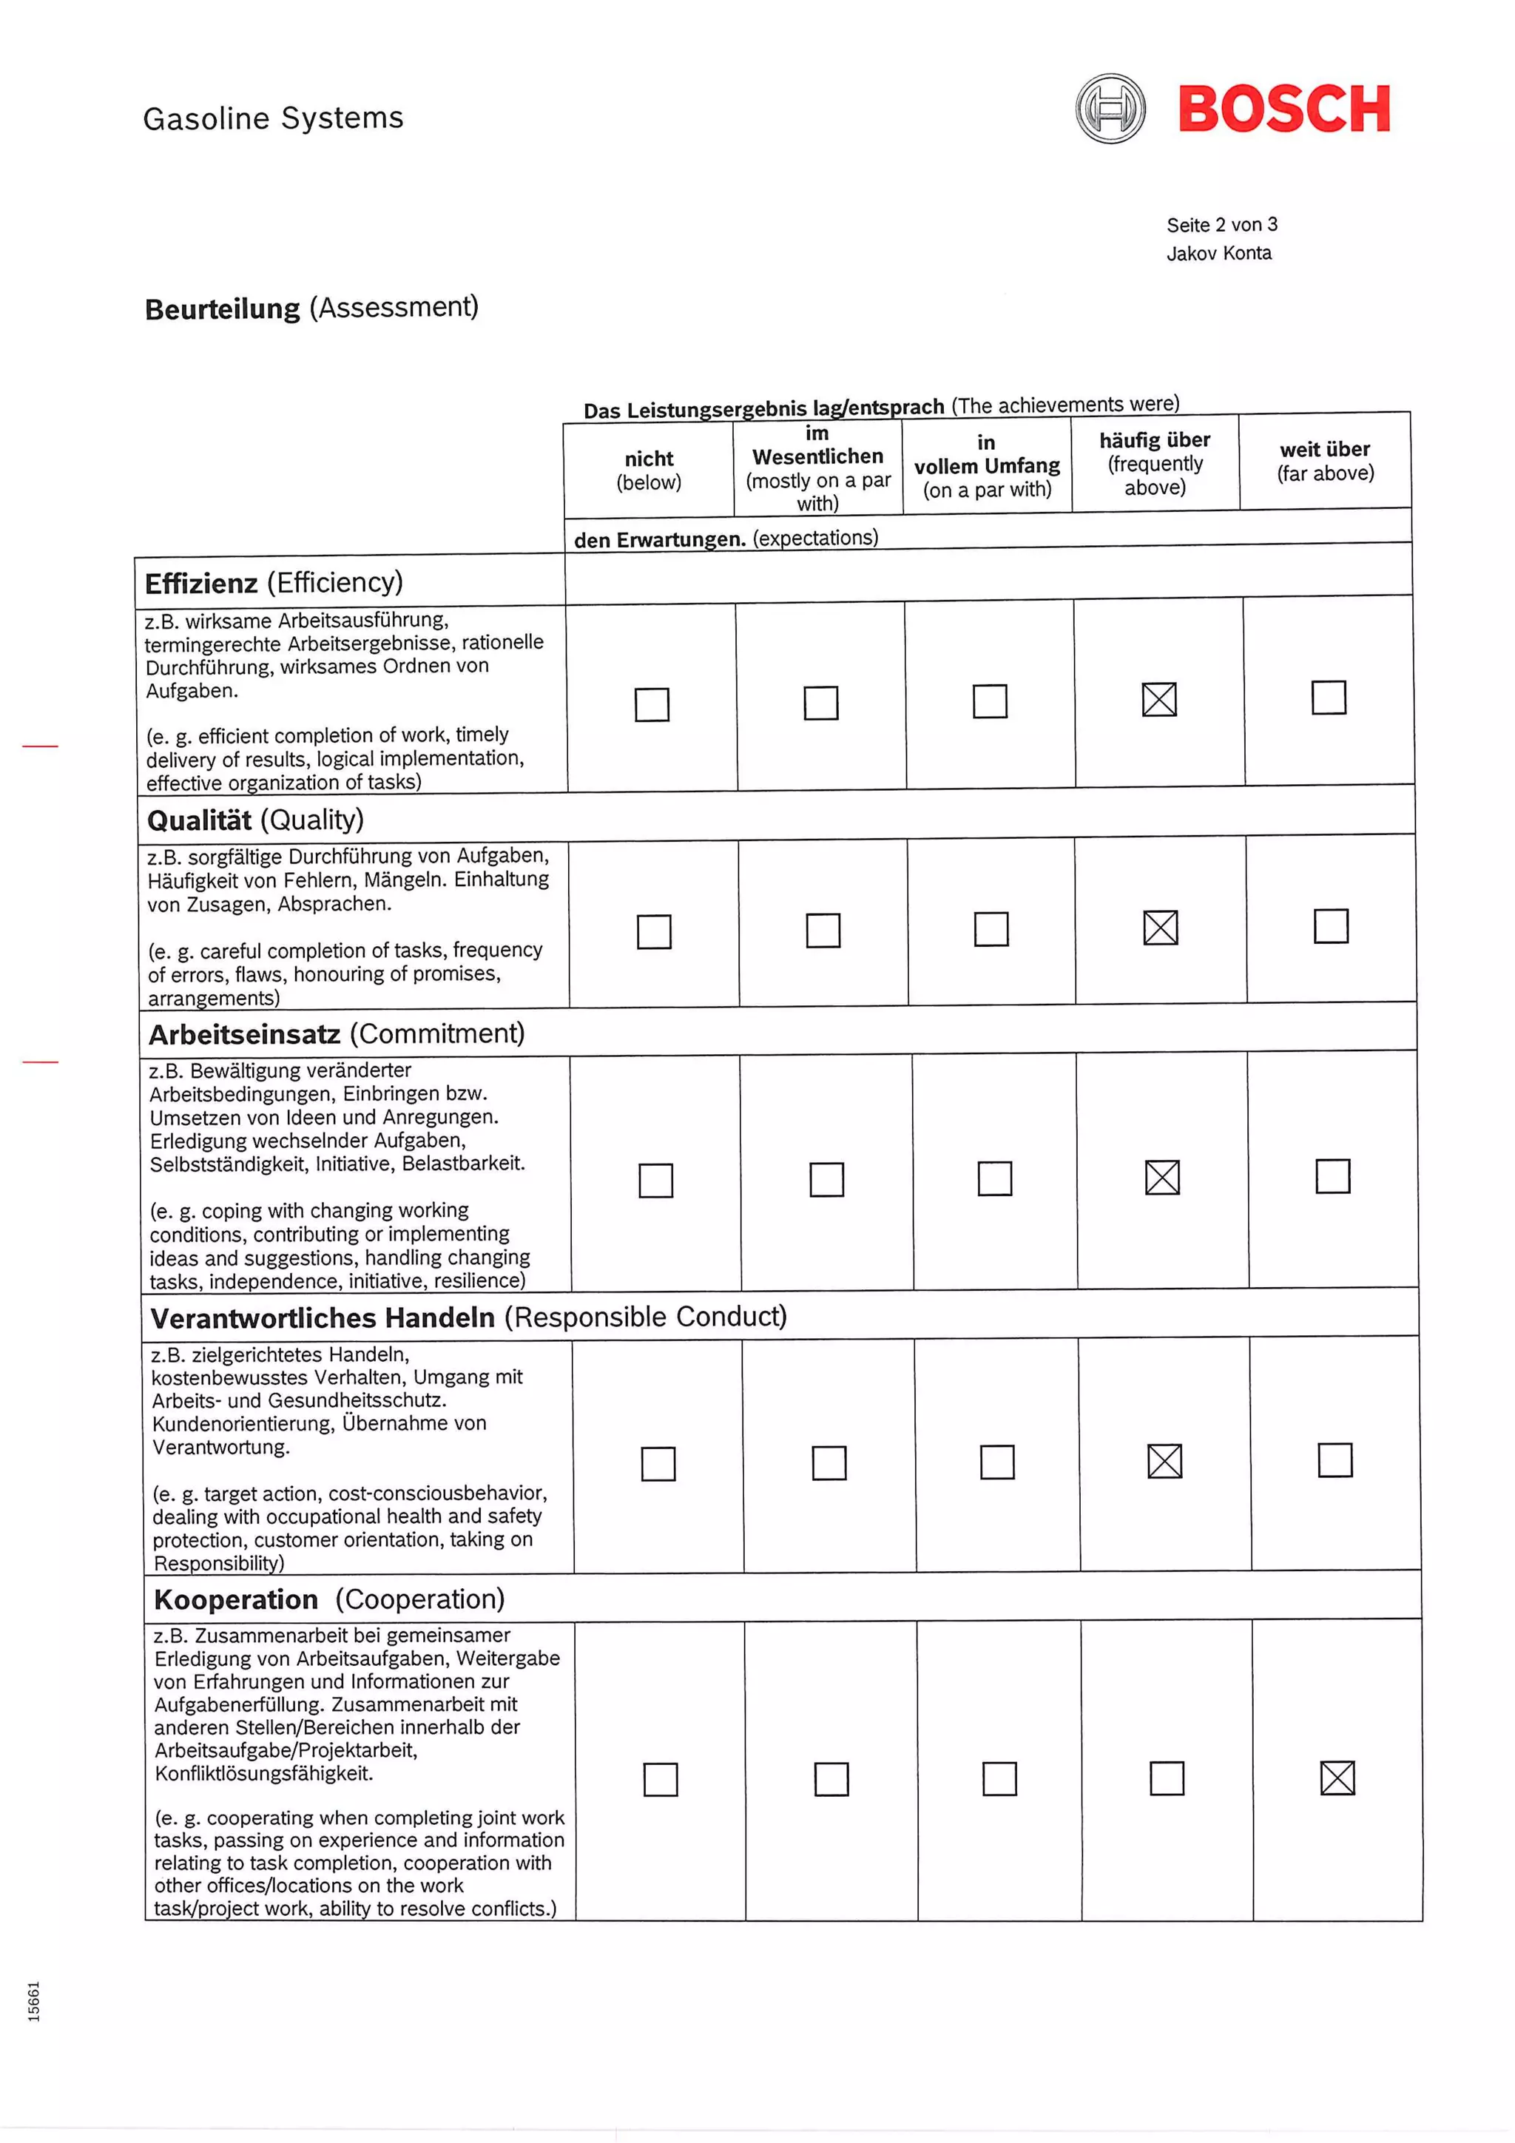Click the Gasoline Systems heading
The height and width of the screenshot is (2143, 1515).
tap(272, 118)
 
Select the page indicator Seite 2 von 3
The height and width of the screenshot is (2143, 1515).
tap(1221, 225)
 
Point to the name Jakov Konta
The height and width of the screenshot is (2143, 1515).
tap(1218, 253)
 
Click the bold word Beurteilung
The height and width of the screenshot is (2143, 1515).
tap(222, 309)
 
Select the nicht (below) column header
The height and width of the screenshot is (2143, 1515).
tap(649, 470)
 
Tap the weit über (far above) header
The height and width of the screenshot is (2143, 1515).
tap(1325, 461)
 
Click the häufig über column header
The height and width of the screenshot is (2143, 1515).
tap(1155, 463)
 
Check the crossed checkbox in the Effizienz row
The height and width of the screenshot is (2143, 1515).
tap(1158, 699)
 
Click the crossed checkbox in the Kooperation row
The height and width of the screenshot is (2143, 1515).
tap(1337, 1777)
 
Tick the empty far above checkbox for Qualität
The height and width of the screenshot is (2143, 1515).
tap(1330, 926)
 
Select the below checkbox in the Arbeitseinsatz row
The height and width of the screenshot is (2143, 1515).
tap(655, 1180)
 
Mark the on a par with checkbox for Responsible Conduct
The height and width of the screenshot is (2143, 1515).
tap(997, 1462)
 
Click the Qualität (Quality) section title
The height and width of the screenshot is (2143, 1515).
tap(254, 820)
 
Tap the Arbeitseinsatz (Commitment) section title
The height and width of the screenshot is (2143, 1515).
tap(336, 1034)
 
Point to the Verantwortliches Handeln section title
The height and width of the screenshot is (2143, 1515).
tap(468, 1317)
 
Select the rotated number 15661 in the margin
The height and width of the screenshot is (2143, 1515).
tap(35, 2001)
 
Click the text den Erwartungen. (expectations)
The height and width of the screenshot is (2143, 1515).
tap(725, 539)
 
